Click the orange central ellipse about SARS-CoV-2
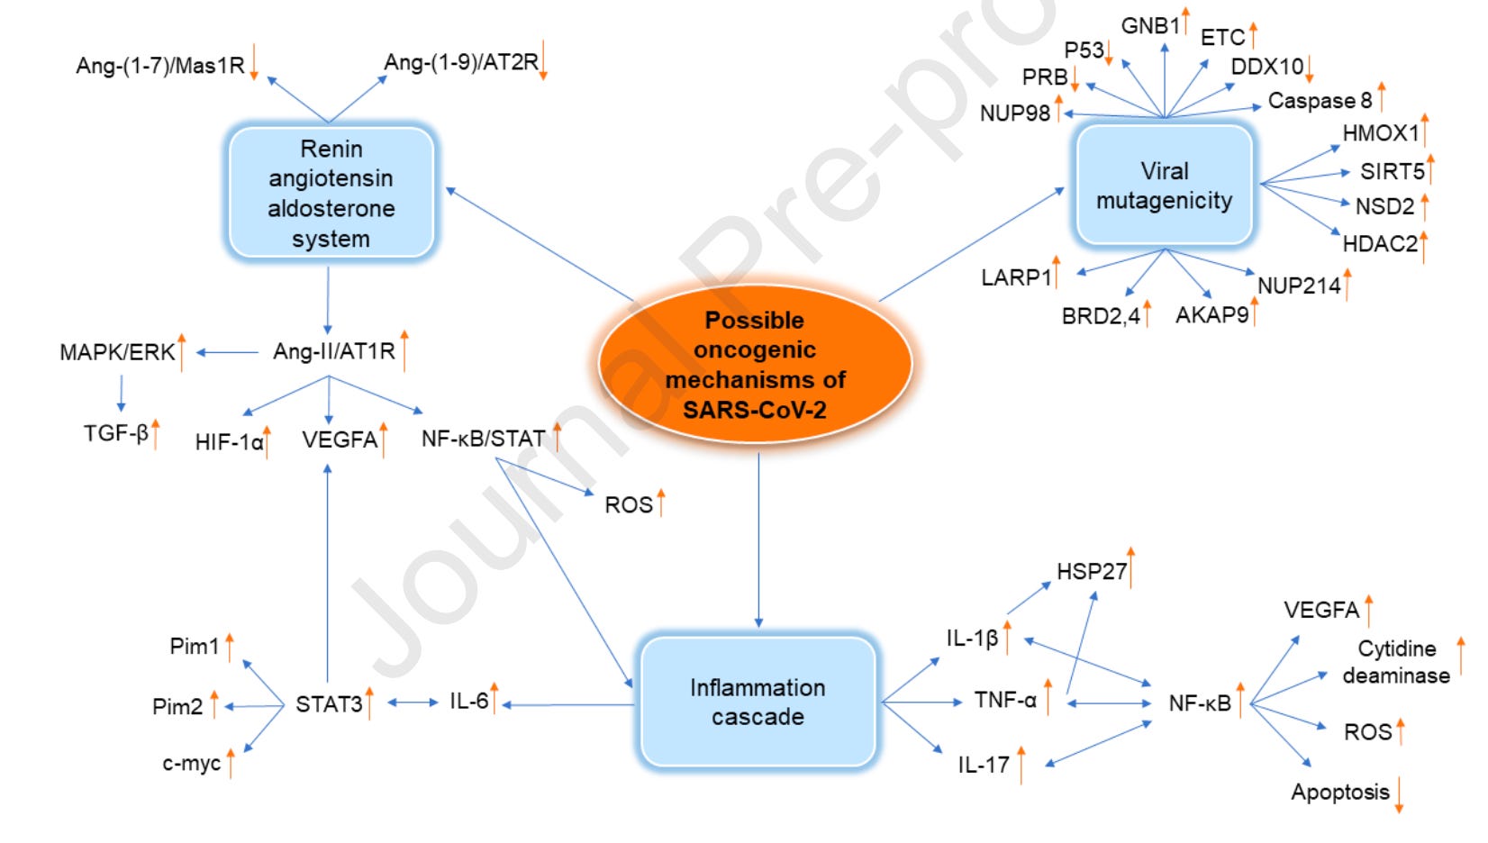point(755,364)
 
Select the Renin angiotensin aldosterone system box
point(331,193)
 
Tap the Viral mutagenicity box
point(1165,185)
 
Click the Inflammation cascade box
point(758,702)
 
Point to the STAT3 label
point(329,704)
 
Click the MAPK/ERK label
point(117,352)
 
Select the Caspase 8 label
point(1320,101)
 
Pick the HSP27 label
point(1092,572)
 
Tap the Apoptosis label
point(1339,793)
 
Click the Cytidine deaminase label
point(1396,662)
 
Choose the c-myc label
point(191,764)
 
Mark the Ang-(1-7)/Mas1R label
point(160,66)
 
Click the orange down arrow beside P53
point(1110,54)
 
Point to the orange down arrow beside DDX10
point(1310,68)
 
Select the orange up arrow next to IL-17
point(1021,765)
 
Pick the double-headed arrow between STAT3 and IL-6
point(413,702)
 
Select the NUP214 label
point(1299,286)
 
